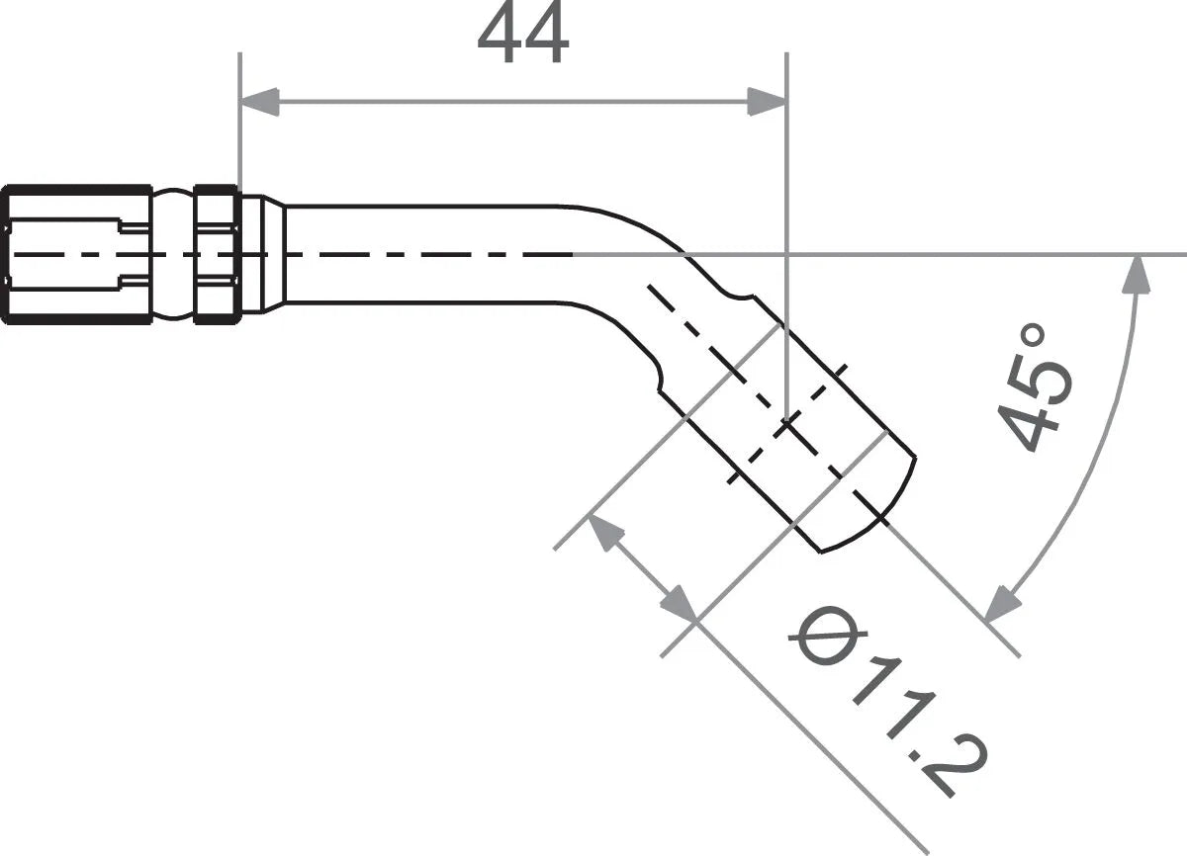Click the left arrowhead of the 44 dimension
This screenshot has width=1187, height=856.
tap(259, 101)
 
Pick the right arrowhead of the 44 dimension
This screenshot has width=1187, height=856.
tap(767, 101)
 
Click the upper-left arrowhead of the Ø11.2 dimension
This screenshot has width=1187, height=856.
tap(605, 535)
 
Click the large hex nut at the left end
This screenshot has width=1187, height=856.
tap(77, 254)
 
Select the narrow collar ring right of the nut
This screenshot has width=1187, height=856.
tap(217, 254)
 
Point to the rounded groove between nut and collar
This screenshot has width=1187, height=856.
tap(173, 254)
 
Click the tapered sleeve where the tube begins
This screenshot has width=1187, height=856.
tap(263, 254)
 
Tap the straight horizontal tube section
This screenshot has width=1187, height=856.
tap(425, 254)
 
